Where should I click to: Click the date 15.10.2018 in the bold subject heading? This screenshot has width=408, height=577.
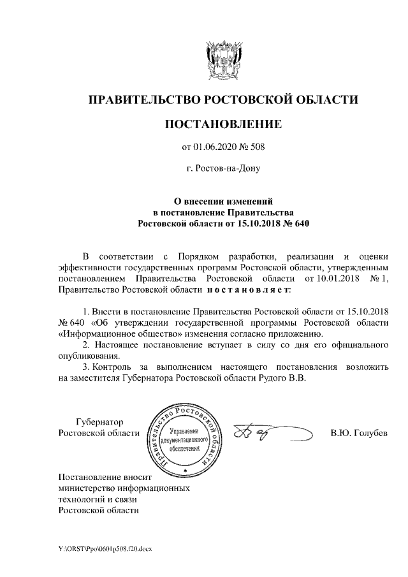click(251, 224)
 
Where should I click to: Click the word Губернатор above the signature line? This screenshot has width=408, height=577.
click(99, 422)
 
